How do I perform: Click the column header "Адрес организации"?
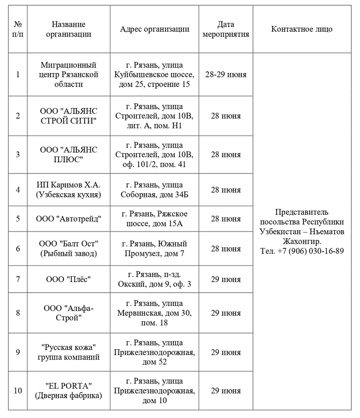pos(154,29)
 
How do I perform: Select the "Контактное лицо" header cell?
pos(301,29)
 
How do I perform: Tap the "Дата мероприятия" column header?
pos(226,29)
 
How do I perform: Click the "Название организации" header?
pos(69,29)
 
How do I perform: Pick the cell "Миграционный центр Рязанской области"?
pos(69,74)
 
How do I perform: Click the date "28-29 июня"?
pos(226,74)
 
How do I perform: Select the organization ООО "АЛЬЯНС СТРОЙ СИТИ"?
pos(69,116)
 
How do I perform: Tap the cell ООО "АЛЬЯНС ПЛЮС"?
pos(69,154)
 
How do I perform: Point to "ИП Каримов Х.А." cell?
pos(69,189)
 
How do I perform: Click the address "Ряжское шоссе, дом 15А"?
pos(154,219)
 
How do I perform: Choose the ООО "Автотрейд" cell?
pos(69,219)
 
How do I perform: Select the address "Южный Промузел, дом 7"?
pos(154,248)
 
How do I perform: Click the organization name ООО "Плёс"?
pos(69,279)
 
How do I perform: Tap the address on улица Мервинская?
pos(154,313)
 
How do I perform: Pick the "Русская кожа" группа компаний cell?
pos(69,352)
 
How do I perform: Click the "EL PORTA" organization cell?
pos(69,391)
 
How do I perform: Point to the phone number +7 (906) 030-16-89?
pos(302,251)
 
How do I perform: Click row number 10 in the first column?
pos(18,391)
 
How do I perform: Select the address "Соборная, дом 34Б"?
pos(154,189)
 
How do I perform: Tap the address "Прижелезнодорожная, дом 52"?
pos(154,352)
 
